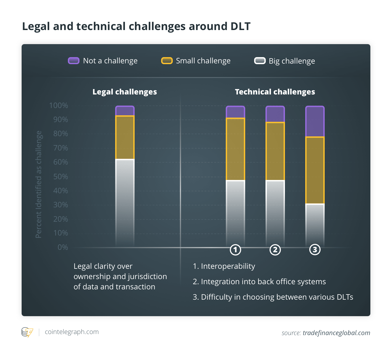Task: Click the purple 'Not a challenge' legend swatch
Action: [x=74, y=61]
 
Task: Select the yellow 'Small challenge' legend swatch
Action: [x=167, y=61]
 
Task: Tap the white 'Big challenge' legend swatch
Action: [x=260, y=61]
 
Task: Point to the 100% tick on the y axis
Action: [x=59, y=106]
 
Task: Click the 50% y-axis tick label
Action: [x=61, y=176]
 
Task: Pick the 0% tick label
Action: [x=63, y=247]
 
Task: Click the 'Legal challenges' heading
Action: [x=125, y=92]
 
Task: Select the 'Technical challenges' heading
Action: [x=275, y=92]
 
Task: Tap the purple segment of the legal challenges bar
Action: [x=125, y=111]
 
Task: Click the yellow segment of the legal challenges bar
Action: [x=125, y=137]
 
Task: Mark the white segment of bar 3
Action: [x=315, y=225]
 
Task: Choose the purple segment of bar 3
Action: [x=315, y=121]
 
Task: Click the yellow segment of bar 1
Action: [x=235, y=149]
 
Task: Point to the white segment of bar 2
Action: [x=275, y=212]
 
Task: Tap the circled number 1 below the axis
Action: [x=235, y=250]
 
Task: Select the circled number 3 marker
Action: [x=315, y=250]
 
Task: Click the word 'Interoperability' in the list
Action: [x=228, y=266]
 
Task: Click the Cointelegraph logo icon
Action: [x=27, y=332]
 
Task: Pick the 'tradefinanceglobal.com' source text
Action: [x=336, y=333]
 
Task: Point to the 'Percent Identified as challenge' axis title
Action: [x=39, y=184]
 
